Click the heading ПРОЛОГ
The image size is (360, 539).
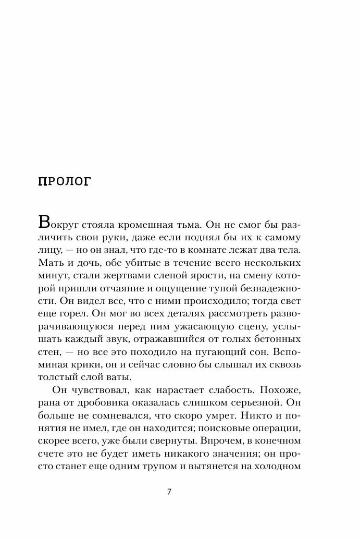pos(65,181)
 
